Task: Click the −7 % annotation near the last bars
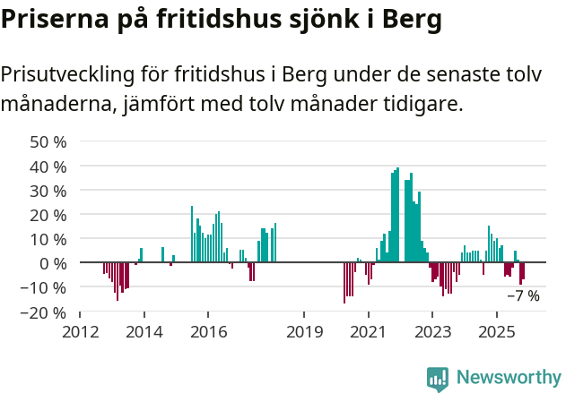coord(523,295)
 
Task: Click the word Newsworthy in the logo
coord(508,378)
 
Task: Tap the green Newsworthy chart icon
coord(438,379)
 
